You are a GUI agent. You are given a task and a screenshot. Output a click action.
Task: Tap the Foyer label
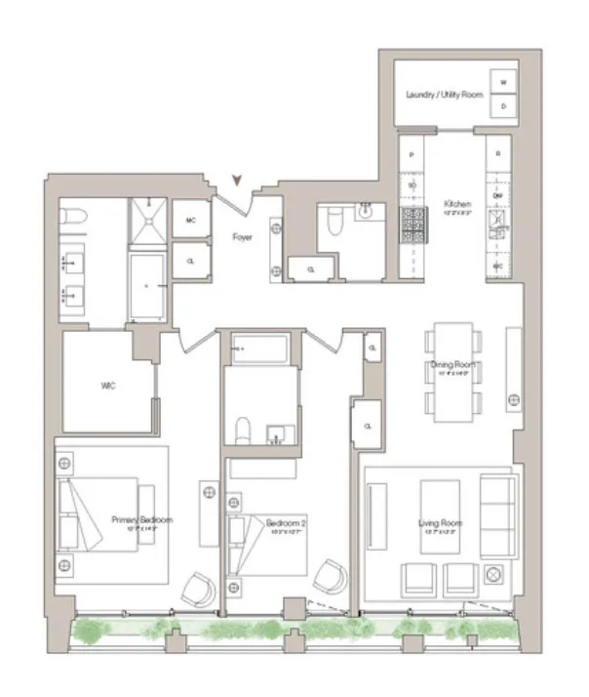(242, 236)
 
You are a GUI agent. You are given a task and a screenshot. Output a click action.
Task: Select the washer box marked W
(504, 83)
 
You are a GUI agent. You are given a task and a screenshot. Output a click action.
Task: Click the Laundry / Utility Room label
(444, 95)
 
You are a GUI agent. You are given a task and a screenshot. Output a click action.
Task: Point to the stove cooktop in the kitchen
(414, 225)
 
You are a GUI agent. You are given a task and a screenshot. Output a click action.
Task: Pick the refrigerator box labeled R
(497, 154)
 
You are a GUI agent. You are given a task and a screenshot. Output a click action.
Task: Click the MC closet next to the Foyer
(190, 221)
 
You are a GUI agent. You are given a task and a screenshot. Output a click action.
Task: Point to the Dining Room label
(453, 367)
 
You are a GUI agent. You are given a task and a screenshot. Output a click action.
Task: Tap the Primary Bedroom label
(141, 520)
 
